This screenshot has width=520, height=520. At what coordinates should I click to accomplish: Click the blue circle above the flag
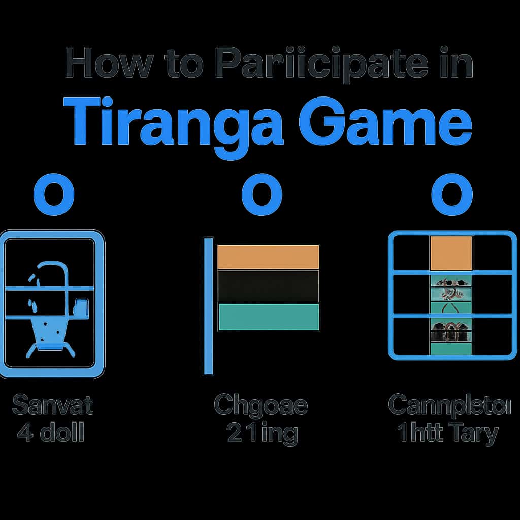tap(262, 196)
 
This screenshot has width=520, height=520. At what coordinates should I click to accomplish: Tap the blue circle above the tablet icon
tap(53, 196)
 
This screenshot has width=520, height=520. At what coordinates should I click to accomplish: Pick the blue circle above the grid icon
tap(451, 196)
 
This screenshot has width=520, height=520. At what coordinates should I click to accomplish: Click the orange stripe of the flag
tap(268, 256)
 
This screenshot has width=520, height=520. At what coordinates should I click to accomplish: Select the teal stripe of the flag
tap(268, 317)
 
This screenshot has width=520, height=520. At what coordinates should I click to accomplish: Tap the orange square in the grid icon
tap(451, 252)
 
